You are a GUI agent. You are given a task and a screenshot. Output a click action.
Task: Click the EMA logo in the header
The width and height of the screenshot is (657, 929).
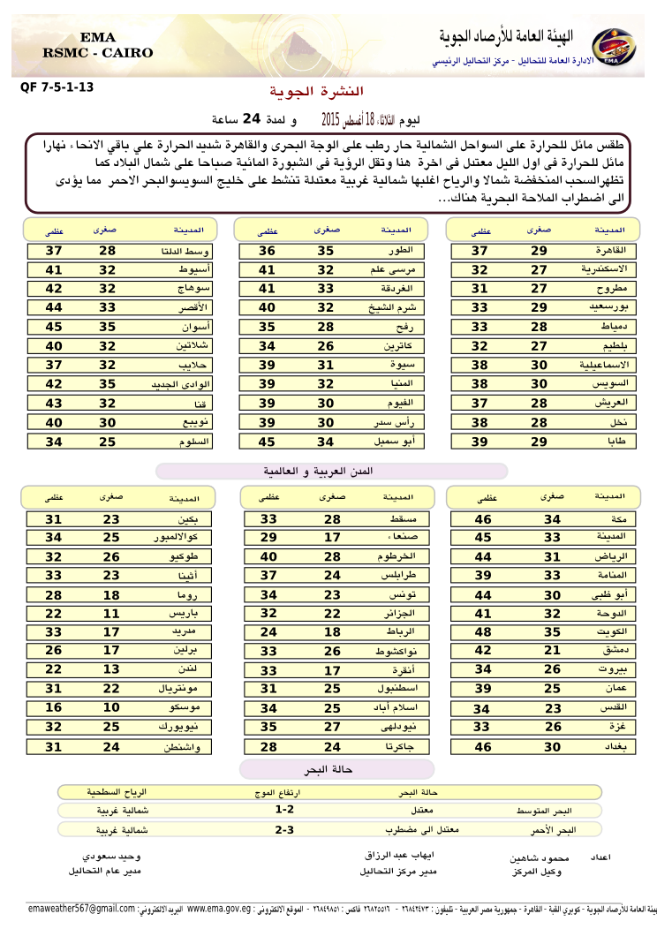coord(609,46)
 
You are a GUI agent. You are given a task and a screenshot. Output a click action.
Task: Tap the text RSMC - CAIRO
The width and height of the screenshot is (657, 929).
coord(97,53)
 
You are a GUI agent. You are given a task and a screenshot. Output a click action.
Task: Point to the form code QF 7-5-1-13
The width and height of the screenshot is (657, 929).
coord(56,87)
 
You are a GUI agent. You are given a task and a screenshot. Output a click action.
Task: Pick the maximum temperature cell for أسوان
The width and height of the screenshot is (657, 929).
coord(54,326)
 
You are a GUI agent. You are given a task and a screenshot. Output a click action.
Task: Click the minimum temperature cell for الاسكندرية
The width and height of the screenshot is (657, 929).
coord(539,269)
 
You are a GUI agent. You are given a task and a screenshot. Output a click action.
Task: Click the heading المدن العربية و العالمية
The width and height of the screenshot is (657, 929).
coord(331,472)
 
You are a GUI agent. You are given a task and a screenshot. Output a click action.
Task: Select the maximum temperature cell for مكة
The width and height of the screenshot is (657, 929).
coord(483,519)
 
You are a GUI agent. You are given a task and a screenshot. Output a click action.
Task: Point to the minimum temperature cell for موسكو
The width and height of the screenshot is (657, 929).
coord(110,708)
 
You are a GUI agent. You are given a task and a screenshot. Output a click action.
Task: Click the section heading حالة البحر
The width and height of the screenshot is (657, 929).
coord(335,769)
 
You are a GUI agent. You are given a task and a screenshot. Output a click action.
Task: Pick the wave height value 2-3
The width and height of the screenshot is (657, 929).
coord(284,830)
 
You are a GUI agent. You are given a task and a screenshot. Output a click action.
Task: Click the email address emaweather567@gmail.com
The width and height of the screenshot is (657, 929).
coord(81,909)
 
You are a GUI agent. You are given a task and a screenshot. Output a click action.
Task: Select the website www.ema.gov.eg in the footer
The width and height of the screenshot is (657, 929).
coord(220,909)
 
